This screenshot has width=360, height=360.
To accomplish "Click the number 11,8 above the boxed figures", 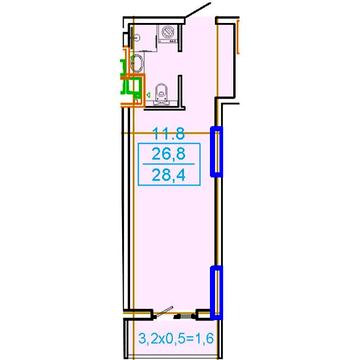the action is pyautogui.click(x=169, y=135).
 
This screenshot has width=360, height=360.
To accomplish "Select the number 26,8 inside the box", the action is pyautogui.click(x=169, y=154).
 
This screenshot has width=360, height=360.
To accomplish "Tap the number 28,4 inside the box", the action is pyautogui.click(x=169, y=174).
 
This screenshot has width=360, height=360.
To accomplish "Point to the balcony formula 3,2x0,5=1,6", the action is pyautogui.click(x=176, y=340).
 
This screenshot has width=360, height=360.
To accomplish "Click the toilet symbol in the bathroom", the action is pyautogui.click(x=162, y=93).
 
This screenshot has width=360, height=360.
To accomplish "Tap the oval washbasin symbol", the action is pyautogui.click(x=137, y=63).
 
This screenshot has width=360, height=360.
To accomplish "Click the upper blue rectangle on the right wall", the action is pyautogui.click(x=216, y=151).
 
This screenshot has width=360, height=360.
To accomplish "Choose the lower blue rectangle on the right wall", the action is pyautogui.click(x=216, y=291).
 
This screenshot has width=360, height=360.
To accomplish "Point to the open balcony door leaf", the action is pyautogui.click(x=164, y=311).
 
